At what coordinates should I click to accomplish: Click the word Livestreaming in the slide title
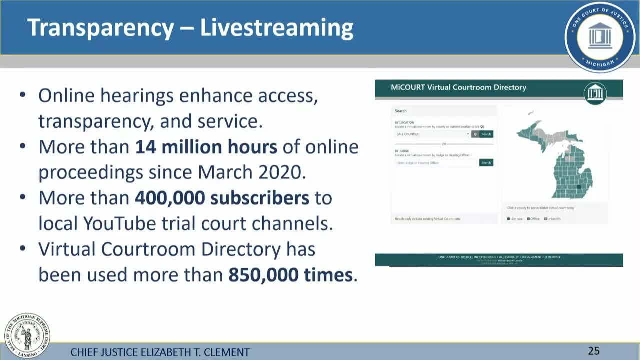[x=276, y=28]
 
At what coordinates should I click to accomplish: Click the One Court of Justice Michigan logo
[x=600, y=36]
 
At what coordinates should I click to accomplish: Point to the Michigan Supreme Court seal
[x=27, y=336]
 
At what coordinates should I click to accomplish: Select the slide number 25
[x=593, y=351]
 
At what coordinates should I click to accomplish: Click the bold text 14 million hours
[x=206, y=147]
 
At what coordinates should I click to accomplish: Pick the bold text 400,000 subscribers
[x=222, y=198]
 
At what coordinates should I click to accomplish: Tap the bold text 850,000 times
[x=290, y=275]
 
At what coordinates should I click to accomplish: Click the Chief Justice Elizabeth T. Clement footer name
[x=160, y=352]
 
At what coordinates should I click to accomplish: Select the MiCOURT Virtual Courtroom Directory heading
[x=458, y=87]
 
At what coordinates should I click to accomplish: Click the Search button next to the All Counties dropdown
[x=486, y=134]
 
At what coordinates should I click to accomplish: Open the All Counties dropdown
[x=432, y=134]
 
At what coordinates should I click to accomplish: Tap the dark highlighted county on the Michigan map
[x=579, y=187]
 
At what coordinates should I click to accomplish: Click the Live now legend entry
[x=515, y=219]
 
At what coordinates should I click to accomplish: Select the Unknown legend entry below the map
[x=552, y=219]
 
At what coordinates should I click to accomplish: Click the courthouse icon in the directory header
[x=595, y=93]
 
